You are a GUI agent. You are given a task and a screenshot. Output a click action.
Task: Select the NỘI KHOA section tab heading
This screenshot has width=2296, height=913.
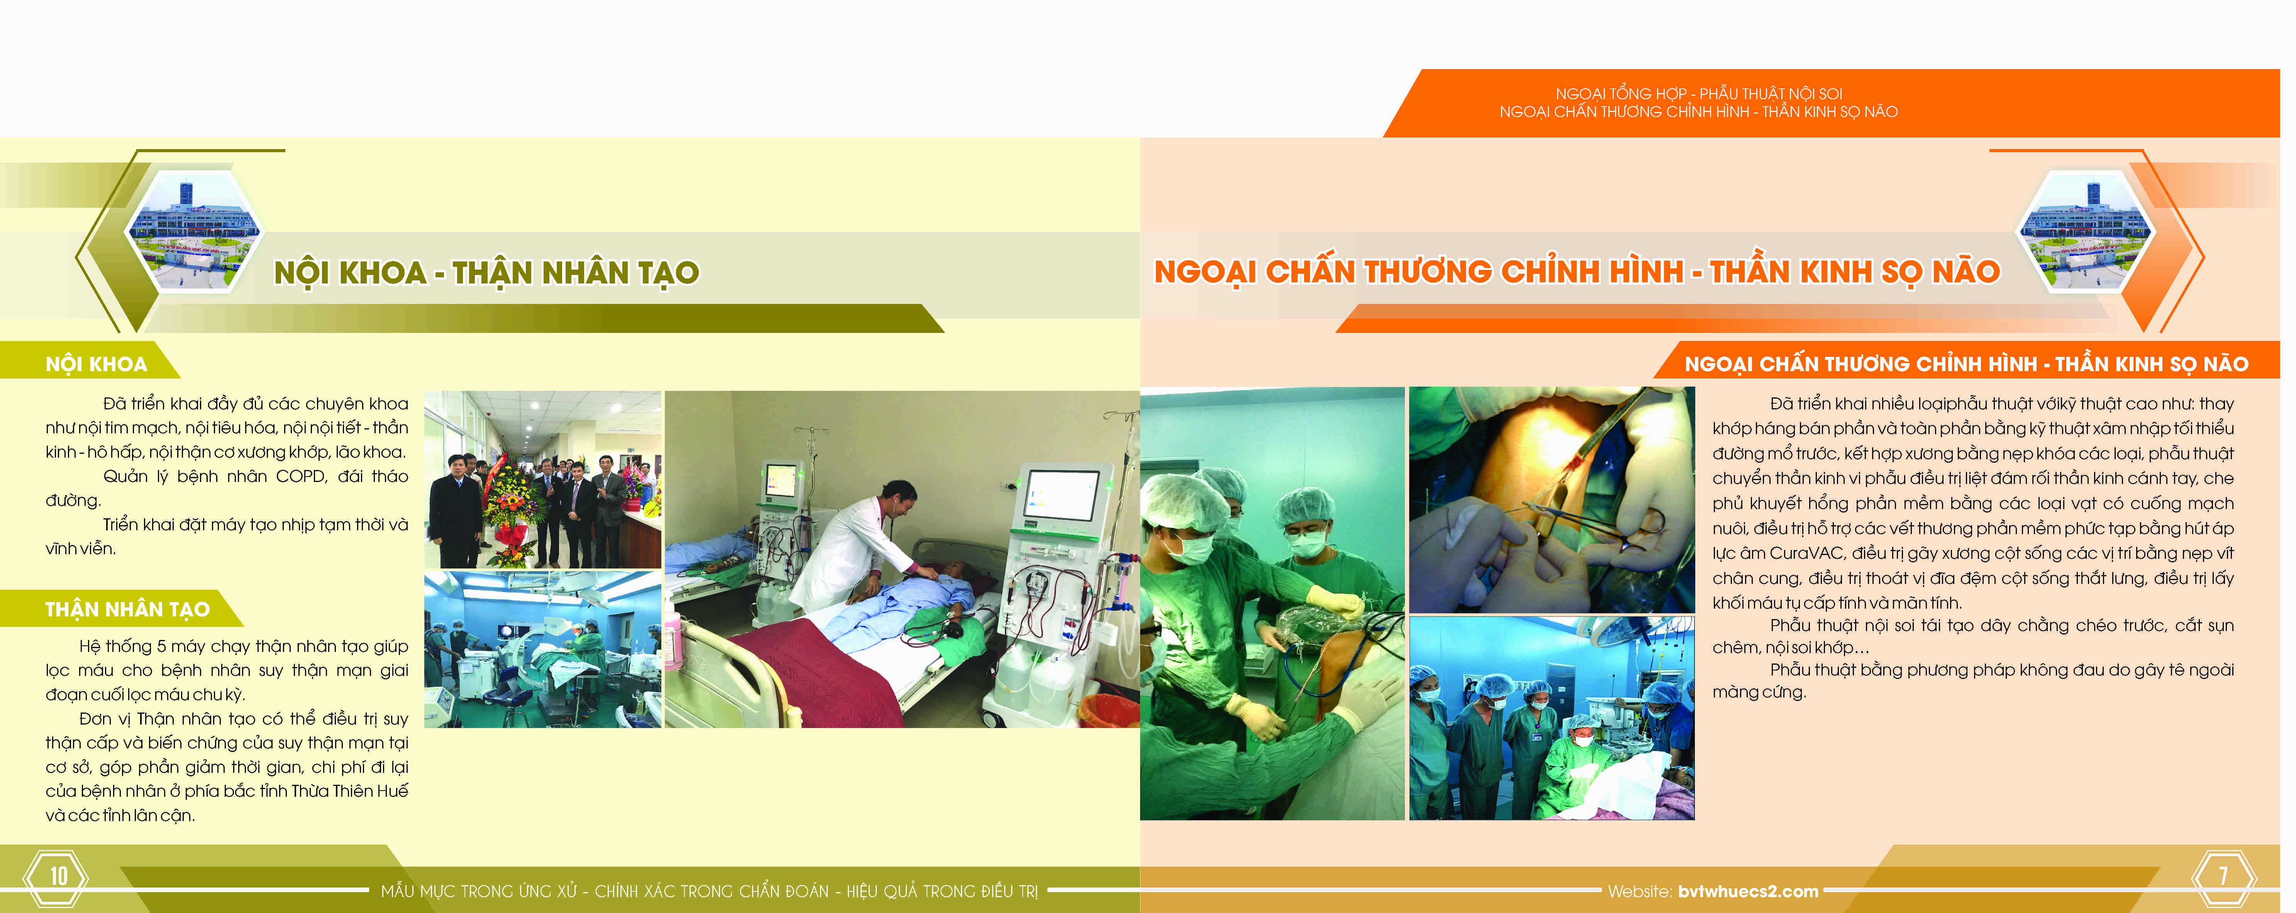pyautogui.click(x=96, y=364)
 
